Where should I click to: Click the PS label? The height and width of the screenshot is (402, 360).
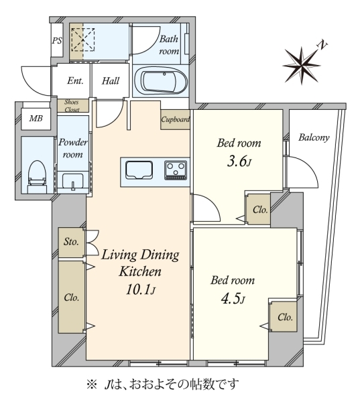click(57, 40)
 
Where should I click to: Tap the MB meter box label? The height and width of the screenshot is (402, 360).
click(36, 118)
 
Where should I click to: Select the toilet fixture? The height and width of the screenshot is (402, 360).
click(37, 176)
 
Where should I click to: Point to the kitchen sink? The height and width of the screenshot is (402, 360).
click(139, 170)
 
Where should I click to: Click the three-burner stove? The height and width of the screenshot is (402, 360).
click(176, 170)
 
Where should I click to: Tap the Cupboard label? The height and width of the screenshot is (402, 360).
click(176, 119)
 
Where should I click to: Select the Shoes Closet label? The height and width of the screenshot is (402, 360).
click(72, 106)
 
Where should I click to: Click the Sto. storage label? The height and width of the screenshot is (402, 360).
click(71, 241)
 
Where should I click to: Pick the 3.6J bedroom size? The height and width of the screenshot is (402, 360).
click(239, 161)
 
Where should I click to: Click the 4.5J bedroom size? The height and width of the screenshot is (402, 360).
click(233, 299)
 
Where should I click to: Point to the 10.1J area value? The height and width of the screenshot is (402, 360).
click(141, 289)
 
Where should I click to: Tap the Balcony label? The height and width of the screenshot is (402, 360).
click(314, 137)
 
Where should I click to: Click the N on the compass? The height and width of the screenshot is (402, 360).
click(323, 45)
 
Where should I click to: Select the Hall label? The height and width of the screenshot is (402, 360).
click(111, 81)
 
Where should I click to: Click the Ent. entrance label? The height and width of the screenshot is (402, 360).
click(76, 81)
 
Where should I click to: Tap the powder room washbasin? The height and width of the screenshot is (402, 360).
click(73, 182)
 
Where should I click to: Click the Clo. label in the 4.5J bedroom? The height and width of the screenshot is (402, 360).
click(285, 318)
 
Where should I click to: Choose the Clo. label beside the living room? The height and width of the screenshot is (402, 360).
click(71, 297)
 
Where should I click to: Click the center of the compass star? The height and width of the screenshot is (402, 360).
click(302, 65)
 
